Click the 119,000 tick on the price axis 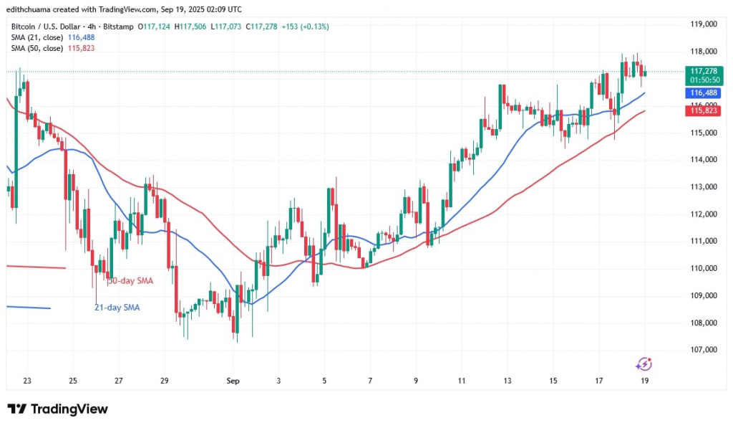tap(704, 24)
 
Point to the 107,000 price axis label tap(704, 350)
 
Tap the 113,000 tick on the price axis tap(704, 187)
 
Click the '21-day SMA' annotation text tap(117, 308)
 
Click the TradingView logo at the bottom tap(58, 409)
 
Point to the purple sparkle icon tap(644, 364)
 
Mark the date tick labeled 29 tap(164, 380)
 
